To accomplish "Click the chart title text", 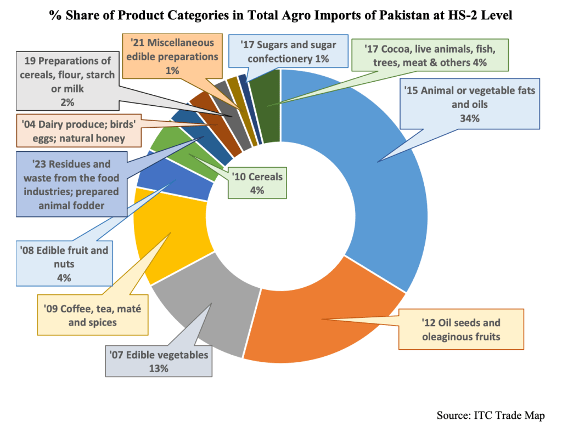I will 281,15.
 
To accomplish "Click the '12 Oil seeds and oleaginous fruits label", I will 461,329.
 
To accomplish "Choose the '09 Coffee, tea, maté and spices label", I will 92,316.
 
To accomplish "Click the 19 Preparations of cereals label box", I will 68,81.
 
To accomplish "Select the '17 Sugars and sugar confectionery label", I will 288,52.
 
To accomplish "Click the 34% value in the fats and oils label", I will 469,118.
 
